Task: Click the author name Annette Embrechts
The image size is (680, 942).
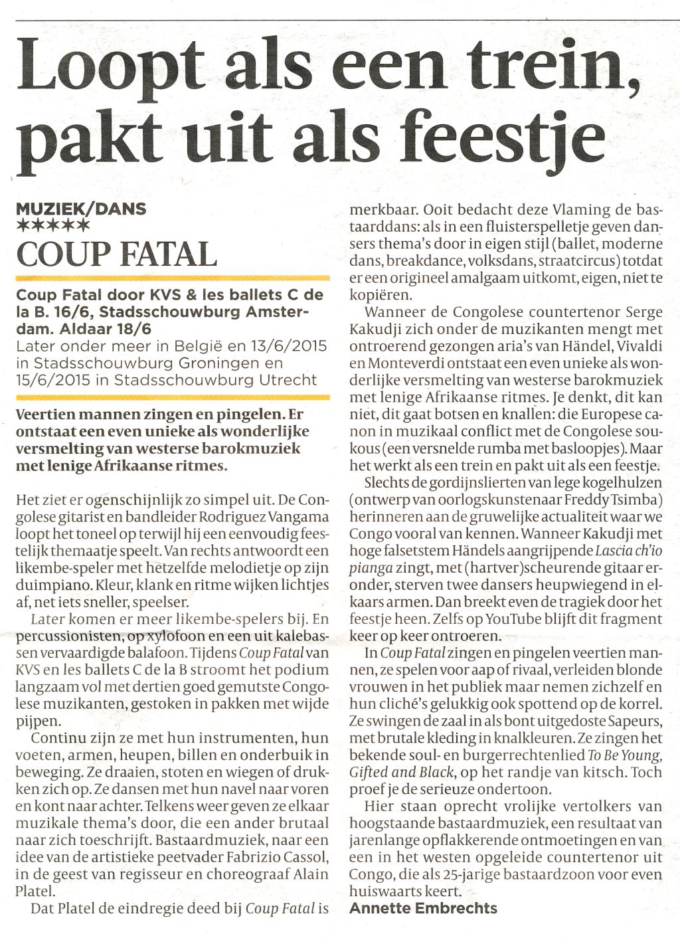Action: coord(423,907)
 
